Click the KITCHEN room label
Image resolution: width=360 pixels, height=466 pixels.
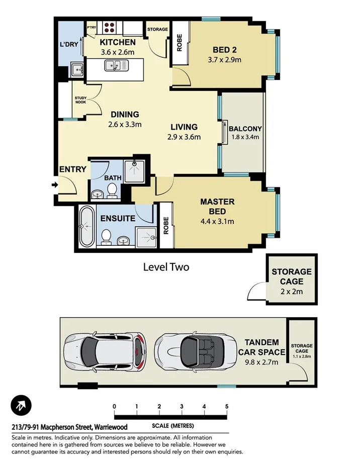click(117, 42)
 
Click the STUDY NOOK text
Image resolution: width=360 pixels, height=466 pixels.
click(80, 100)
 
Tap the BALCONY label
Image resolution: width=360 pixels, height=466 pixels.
click(245, 128)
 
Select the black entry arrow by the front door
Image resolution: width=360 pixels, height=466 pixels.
click(54, 185)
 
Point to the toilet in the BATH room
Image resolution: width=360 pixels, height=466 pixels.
click(112, 190)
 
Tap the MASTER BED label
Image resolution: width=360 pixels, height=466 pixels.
click(217, 206)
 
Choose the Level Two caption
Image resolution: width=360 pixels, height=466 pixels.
click(166, 267)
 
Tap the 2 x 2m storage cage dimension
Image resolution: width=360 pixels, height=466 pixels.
click(291, 291)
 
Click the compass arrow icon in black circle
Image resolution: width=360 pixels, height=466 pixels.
click(21, 405)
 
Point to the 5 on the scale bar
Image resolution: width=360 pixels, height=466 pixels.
click(227, 406)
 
